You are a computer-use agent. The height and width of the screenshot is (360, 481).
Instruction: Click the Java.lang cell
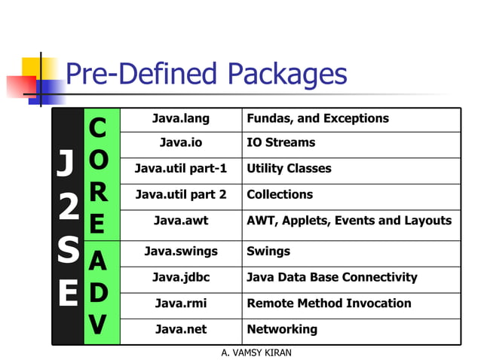[x=180, y=119]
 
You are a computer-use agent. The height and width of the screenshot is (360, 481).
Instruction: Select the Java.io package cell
[x=180, y=143]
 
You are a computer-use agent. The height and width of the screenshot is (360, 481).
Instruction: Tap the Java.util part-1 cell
[x=180, y=169]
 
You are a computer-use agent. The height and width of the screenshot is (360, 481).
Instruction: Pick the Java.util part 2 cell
[x=180, y=194]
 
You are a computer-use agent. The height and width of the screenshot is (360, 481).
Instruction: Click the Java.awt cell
[x=180, y=221]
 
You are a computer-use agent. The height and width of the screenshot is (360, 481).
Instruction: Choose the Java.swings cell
[x=180, y=251]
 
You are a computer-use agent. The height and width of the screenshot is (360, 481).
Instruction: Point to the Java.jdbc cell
[x=180, y=277]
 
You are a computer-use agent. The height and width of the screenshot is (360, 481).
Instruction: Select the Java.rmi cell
[x=180, y=304]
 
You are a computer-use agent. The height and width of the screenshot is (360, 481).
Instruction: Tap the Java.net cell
[x=180, y=329]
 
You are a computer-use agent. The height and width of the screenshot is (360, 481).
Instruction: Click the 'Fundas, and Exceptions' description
[x=317, y=119]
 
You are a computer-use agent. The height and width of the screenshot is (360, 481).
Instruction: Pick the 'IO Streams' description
[x=280, y=143]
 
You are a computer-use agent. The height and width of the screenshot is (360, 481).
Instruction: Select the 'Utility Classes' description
[x=289, y=169]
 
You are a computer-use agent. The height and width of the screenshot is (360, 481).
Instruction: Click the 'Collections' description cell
[x=280, y=194]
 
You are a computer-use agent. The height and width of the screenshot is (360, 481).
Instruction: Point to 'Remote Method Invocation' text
[x=329, y=304]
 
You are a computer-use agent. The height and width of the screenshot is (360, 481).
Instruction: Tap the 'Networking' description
[x=282, y=329]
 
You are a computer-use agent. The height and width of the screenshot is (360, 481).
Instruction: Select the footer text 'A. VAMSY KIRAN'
[x=256, y=352]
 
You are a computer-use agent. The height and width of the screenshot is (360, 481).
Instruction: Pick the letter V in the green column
[x=97, y=325]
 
